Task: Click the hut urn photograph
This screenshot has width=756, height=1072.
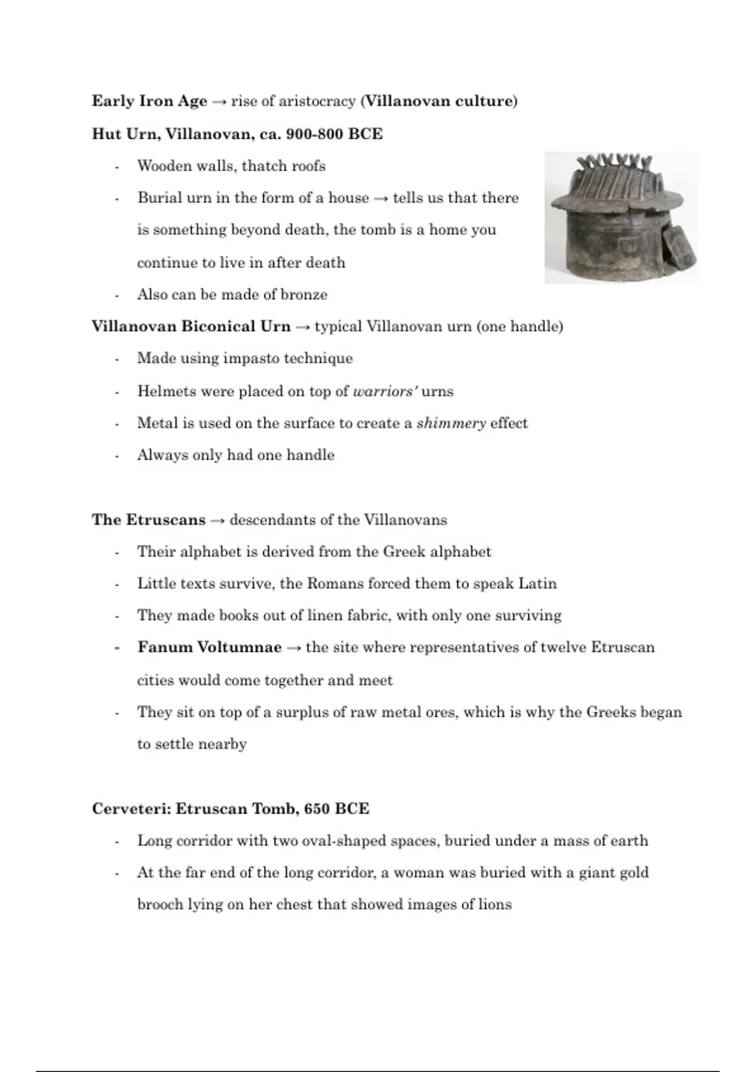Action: pyautogui.click(x=621, y=218)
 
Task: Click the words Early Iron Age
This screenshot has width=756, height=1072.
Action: pyautogui.click(x=149, y=102)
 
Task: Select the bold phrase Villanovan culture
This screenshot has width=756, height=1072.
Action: pyautogui.click(x=438, y=102)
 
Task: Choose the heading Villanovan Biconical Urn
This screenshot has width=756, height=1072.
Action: pyautogui.click(x=191, y=327)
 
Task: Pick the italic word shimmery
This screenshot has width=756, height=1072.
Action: pyautogui.click(x=451, y=423)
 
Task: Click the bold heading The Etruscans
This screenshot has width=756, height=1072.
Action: pyautogui.click(x=149, y=520)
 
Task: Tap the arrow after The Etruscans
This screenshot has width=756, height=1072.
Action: pyautogui.click(x=217, y=521)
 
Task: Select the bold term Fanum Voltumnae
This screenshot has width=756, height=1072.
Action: pyautogui.click(x=209, y=648)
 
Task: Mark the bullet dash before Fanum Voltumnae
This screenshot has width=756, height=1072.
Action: pyautogui.click(x=117, y=648)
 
